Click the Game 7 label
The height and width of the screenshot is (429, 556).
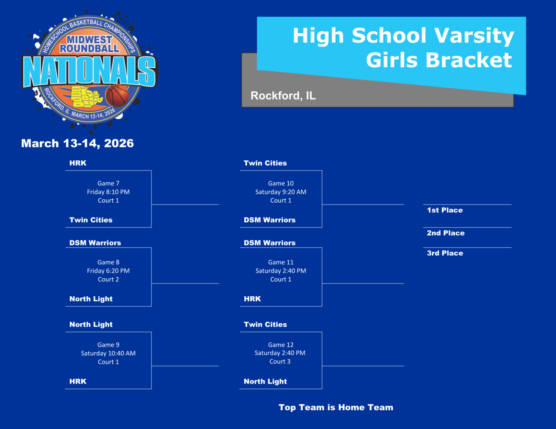pos(108,183)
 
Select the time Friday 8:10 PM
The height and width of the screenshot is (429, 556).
pos(108,192)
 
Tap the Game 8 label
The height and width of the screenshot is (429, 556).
pos(108,262)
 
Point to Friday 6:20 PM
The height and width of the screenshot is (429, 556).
pos(108,271)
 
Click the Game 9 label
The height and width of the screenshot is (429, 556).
pos(108,345)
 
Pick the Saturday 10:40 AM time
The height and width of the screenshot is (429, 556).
pos(108,353)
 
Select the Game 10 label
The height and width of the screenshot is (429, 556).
pos(281,183)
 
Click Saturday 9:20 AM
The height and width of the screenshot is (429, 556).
pos(281,192)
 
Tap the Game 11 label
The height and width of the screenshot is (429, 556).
pos(281,262)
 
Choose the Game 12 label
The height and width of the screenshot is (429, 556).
pos(281,345)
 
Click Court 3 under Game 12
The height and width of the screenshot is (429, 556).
pos(280,362)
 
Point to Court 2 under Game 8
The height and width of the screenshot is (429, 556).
pos(108,279)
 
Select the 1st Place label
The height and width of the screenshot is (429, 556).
pos(445,210)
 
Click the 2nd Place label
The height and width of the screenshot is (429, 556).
pos(445,233)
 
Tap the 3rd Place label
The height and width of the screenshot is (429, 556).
pos(445,253)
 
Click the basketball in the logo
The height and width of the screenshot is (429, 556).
pos(117,95)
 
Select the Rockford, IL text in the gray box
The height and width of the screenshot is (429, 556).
pos(283,95)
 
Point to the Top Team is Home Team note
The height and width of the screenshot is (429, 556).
pos(336,407)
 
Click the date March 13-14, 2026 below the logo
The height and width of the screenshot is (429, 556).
pos(77,143)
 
